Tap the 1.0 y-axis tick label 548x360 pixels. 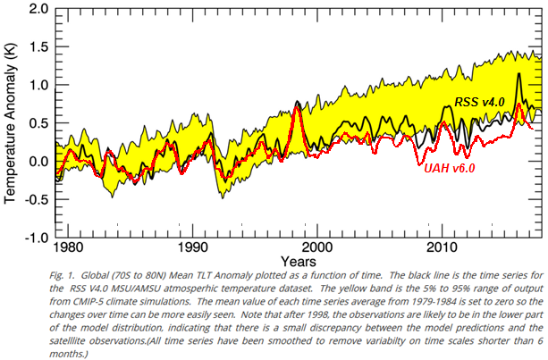point(36,86)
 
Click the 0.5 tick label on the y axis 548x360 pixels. point(36,123)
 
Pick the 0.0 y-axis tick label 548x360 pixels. point(36,162)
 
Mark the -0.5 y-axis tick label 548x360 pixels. point(33,200)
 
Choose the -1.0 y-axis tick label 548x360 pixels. point(33,239)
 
